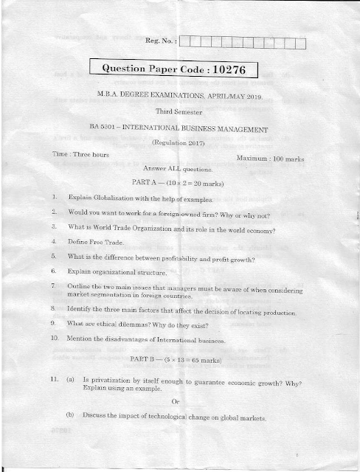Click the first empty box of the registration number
tap(185, 41)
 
